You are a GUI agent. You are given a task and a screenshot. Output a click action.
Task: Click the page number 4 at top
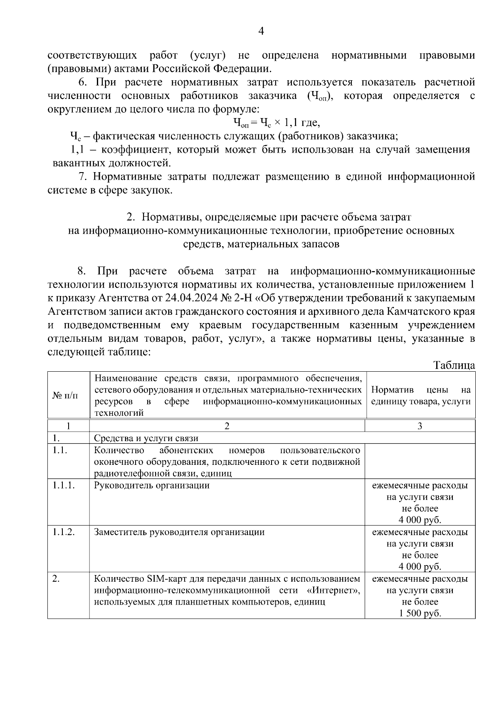[x=261, y=31]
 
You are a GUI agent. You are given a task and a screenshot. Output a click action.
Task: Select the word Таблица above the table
[x=454, y=365]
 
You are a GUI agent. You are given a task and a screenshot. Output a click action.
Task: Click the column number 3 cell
[x=420, y=426]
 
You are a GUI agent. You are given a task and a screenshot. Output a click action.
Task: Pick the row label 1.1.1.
[x=64, y=485]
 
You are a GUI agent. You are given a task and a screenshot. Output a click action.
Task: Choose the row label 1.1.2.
[x=64, y=532]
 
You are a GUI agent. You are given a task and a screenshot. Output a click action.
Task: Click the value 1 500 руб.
[x=420, y=613]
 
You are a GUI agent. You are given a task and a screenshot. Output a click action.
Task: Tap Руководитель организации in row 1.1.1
[x=152, y=485]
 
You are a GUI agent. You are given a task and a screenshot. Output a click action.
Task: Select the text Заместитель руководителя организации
[x=179, y=532]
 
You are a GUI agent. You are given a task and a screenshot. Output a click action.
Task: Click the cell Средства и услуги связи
[x=146, y=438]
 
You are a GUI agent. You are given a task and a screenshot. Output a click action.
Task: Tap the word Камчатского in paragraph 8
[x=419, y=311]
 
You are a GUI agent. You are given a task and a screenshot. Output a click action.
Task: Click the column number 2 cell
[x=227, y=426]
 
